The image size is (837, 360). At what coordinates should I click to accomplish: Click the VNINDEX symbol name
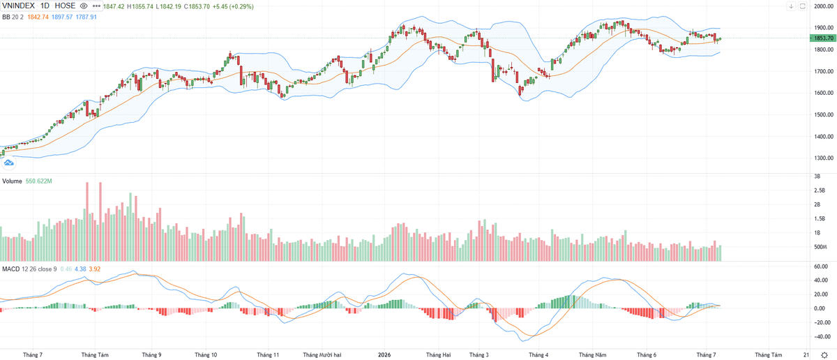click(x=18, y=6)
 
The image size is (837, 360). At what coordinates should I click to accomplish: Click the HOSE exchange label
click(x=65, y=6)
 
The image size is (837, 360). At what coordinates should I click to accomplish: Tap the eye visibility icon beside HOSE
click(x=84, y=6)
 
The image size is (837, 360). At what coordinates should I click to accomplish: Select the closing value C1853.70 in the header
click(x=197, y=7)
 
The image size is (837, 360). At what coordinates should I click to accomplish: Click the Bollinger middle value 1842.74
click(x=38, y=17)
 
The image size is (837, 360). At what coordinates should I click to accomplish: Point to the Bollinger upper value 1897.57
click(x=62, y=17)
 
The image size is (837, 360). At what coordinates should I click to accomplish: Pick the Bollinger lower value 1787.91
click(x=86, y=17)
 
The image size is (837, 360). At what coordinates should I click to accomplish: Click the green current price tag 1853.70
click(x=823, y=38)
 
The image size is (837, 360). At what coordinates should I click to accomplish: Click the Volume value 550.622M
click(x=39, y=181)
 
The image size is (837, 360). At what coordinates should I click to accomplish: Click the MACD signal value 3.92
click(x=95, y=269)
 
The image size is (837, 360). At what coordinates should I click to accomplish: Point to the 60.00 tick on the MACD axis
click(x=822, y=267)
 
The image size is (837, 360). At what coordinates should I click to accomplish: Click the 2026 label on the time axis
click(x=384, y=354)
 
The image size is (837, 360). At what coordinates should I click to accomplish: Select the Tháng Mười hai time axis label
click(x=322, y=354)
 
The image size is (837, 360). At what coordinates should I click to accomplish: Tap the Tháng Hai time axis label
click(x=438, y=354)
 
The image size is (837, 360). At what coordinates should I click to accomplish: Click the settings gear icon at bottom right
click(x=824, y=354)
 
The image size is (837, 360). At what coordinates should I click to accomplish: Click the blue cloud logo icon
click(x=8, y=163)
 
